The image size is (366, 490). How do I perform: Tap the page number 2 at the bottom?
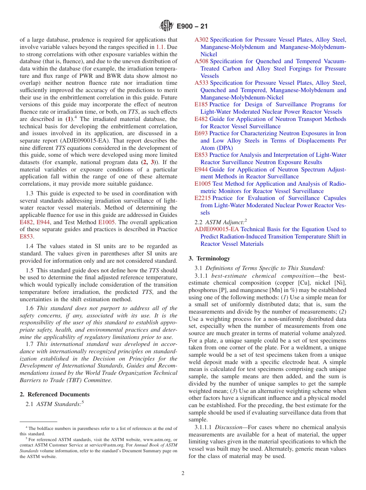(x=183, y=473)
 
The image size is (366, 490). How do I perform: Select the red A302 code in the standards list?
(x=201, y=40)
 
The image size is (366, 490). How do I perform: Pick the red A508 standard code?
(x=201, y=61)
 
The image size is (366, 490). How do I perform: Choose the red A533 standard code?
(x=201, y=83)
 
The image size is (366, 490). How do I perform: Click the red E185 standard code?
(x=201, y=104)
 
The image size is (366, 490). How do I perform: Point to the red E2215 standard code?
(x=203, y=198)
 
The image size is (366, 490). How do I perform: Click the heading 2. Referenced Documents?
(x=55, y=394)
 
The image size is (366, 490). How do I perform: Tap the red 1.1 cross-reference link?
(x=159, y=47)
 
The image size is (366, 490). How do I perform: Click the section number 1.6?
(x=30, y=308)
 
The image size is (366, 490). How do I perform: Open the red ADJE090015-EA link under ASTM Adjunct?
(x=217, y=229)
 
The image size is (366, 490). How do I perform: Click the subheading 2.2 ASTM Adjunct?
(x=221, y=222)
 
